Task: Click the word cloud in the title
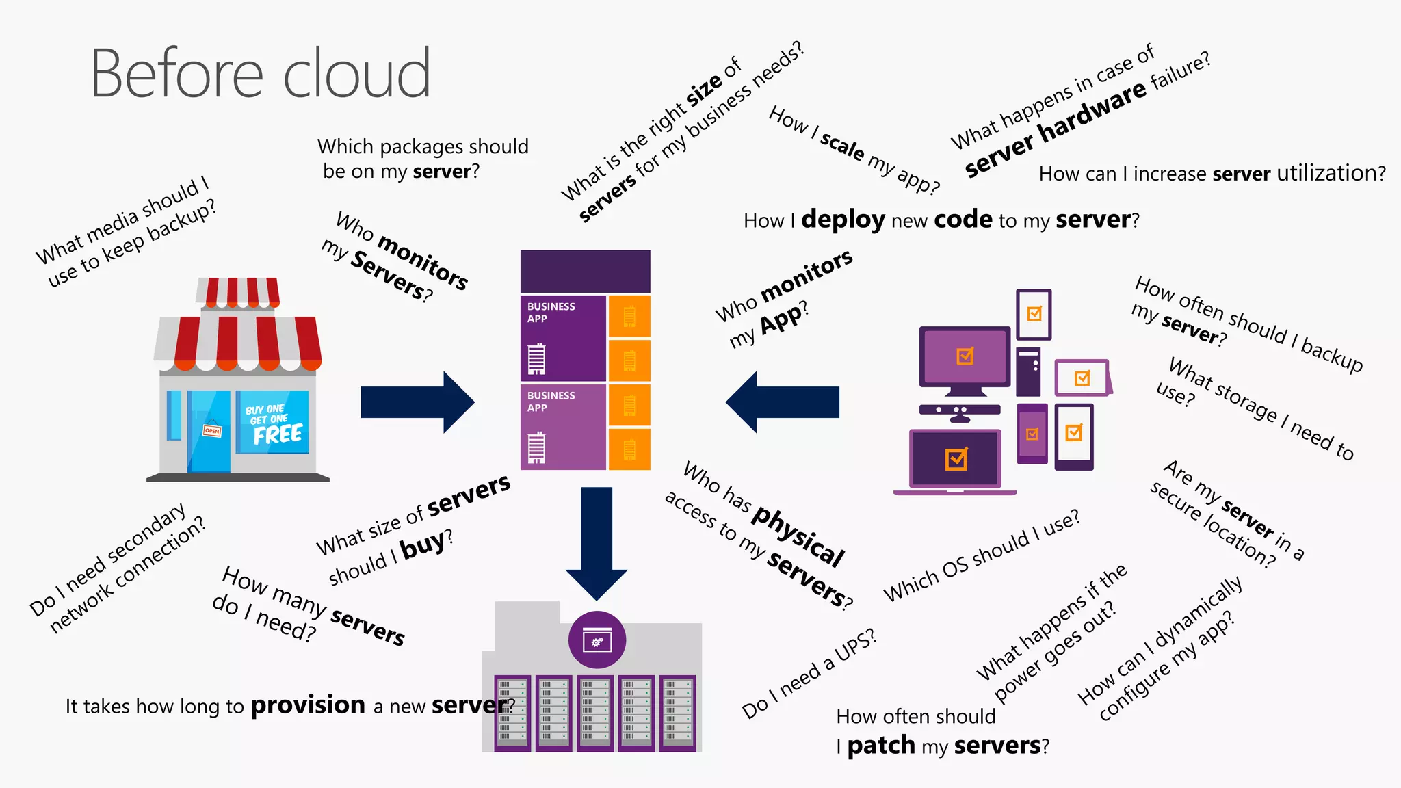click(356, 74)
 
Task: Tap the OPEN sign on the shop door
click(212, 430)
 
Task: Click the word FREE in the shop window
click(277, 434)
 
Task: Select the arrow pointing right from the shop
click(417, 402)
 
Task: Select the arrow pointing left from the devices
click(783, 402)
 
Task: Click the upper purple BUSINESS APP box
click(563, 339)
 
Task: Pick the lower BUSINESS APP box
click(563, 428)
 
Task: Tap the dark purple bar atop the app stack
click(585, 272)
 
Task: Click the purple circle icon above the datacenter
click(597, 640)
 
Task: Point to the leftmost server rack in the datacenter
click(512, 713)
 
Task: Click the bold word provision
click(308, 705)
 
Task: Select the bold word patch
click(881, 746)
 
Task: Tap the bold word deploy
click(843, 220)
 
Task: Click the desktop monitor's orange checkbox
click(965, 356)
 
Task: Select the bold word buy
click(423, 546)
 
